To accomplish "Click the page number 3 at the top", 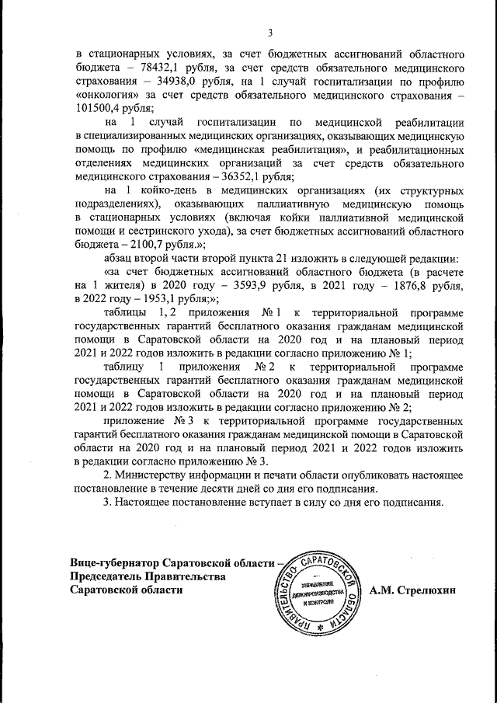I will click(x=269, y=33).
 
